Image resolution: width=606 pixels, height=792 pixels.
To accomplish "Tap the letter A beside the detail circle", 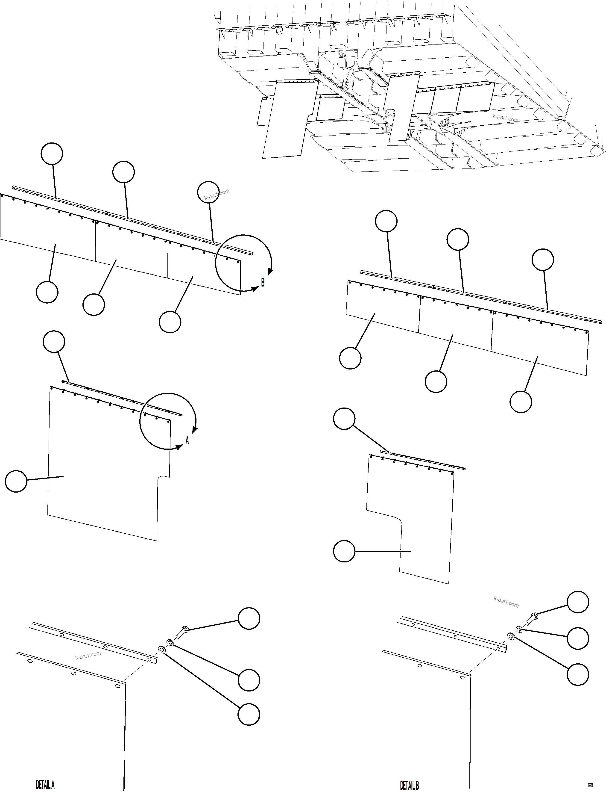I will click(x=187, y=441).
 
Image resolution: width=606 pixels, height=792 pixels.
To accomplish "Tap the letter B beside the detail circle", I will click(x=263, y=283).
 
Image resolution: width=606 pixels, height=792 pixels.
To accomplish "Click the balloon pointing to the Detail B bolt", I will click(x=578, y=602).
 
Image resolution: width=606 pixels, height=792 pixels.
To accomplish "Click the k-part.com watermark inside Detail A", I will click(x=88, y=655).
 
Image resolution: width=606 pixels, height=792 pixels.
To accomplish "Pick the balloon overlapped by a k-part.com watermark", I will click(x=208, y=192).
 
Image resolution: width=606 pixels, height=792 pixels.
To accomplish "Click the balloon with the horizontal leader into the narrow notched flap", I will click(x=344, y=551).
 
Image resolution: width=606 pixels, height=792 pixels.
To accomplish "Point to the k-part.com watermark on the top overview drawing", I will click(x=505, y=118).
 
